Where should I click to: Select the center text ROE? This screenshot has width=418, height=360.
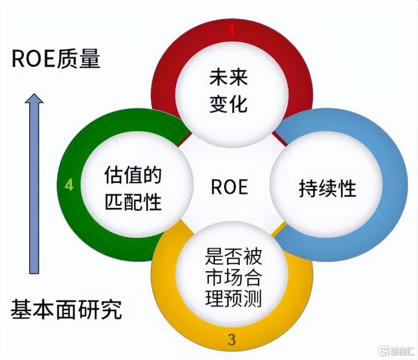[229, 187]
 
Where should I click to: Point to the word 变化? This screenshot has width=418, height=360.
[229, 103]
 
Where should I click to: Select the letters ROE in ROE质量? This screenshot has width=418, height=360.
[32, 59]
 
